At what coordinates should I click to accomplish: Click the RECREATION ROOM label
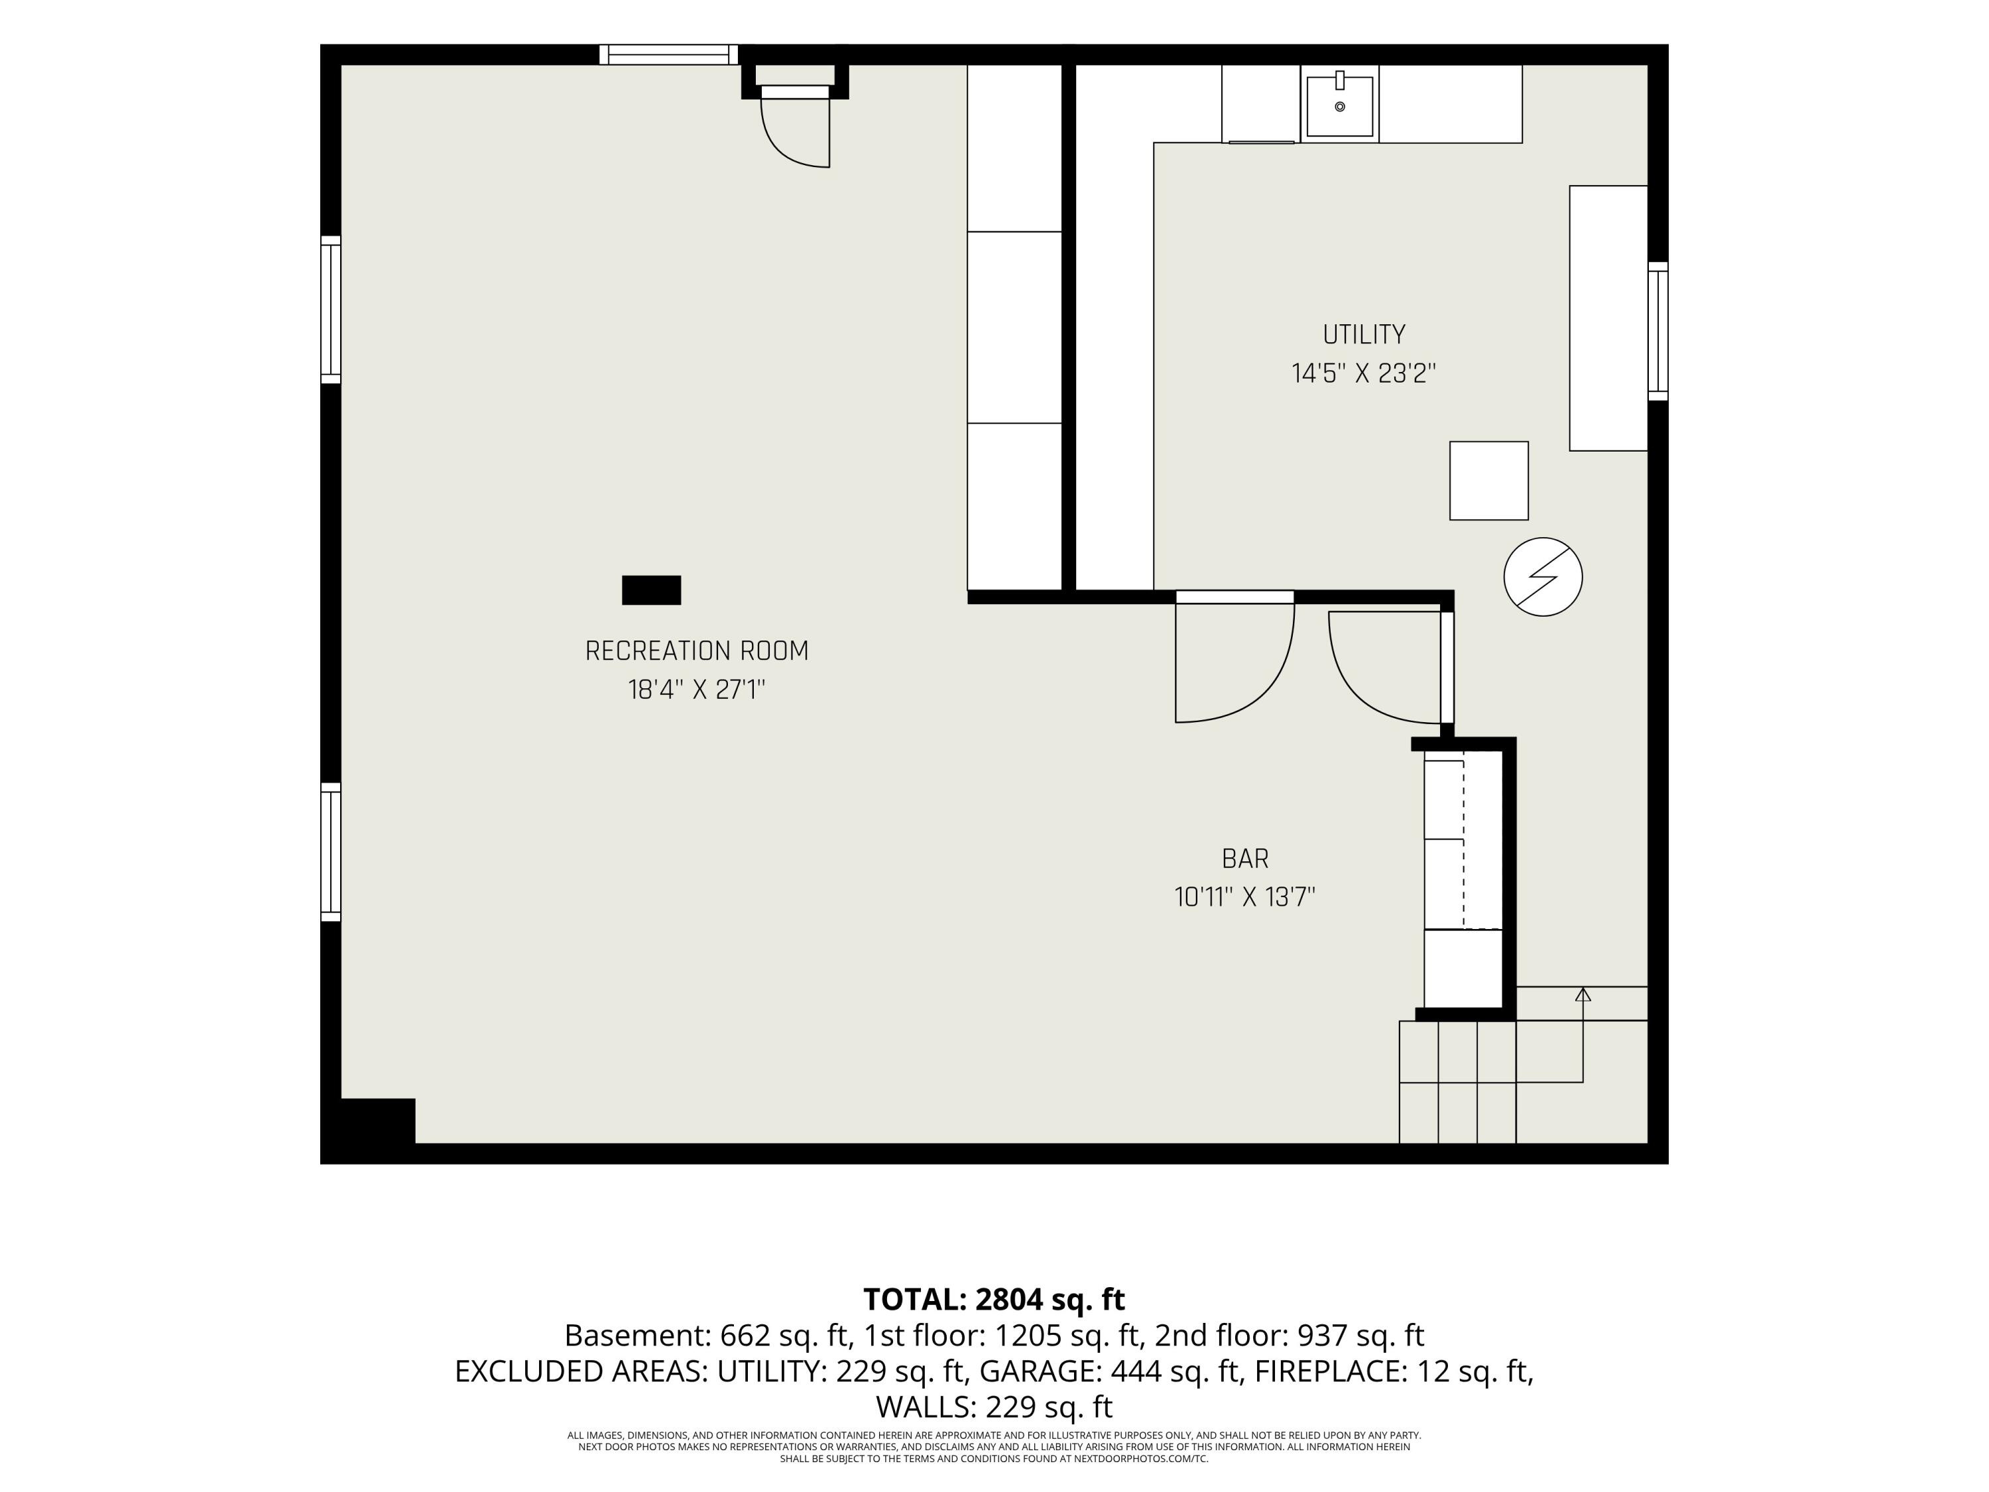click(697, 651)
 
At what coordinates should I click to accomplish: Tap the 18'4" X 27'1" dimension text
click(697, 690)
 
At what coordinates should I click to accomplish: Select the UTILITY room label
click(1364, 335)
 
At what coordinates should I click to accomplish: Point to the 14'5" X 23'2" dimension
click(1364, 373)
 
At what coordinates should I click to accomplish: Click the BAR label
click(1245, 859)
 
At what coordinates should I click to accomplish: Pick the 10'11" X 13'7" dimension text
click(1245, 898)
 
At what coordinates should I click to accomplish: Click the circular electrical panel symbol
click(1543, 576)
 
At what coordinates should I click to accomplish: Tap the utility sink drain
click(1340, 107)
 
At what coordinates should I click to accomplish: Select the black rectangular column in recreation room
click(651, 590)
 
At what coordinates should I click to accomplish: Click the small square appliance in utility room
click(1489, 480)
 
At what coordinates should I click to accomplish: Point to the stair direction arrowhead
click(1583, 994)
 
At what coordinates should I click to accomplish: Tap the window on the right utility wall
click(1658, 331)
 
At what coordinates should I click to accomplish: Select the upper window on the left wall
click(331, 310)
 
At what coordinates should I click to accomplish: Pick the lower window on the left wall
click(331, 851)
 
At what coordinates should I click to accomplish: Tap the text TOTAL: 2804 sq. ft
click(994, 1300)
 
